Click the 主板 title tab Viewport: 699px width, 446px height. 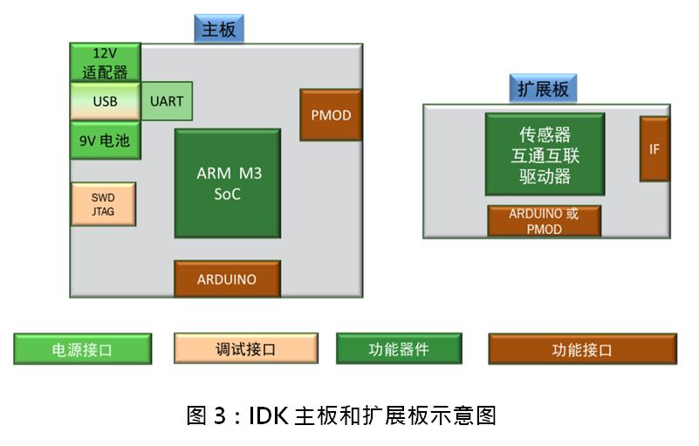[x=218, y=29]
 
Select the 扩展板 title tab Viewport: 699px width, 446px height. [x=543, y=88]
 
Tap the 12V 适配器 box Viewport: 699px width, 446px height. [x=105, y=63]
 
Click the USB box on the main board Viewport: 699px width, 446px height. [x=105, y=101]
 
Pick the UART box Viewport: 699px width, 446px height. [x=167, y=101]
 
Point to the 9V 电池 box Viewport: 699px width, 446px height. [x=105, y=140]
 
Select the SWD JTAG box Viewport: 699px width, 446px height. [x=103, y=204]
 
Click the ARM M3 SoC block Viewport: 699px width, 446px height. [x=228, y=183]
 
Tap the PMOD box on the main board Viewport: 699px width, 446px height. [x=331, y=115]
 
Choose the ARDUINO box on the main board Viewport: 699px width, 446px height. [x=227, y=279]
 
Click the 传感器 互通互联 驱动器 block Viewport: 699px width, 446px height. [x=545, y=154]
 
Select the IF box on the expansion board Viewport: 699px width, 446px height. [x=654, y=149]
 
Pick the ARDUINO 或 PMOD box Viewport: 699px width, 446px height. [x=544, y=221]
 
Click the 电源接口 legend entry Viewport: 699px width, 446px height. [x=83, y=349]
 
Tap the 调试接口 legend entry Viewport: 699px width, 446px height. [x=245, y=349]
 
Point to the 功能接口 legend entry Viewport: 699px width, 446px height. [x=582, y=349]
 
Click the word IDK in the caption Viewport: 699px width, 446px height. [x=269, y=415]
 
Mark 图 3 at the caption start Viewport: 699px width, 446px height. [x=208, y=415]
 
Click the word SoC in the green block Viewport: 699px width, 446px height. [x=228, y=194]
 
